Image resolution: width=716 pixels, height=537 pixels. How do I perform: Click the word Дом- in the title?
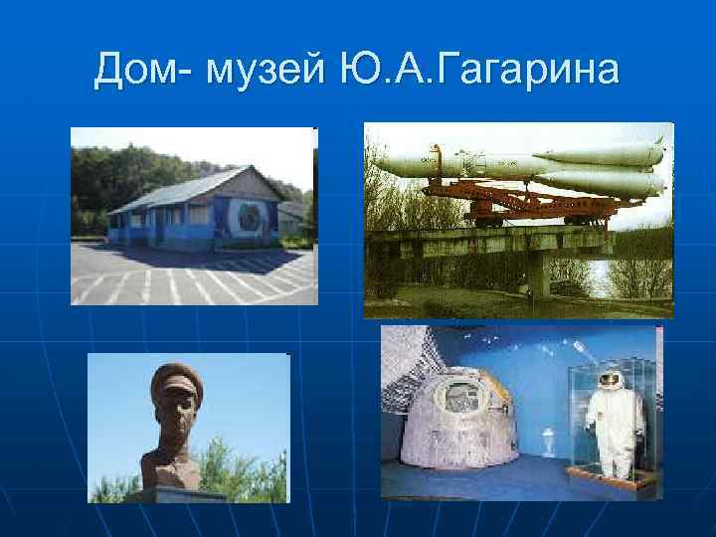pos(149,72)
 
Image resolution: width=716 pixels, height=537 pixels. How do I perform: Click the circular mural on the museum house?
pos(245,218)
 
